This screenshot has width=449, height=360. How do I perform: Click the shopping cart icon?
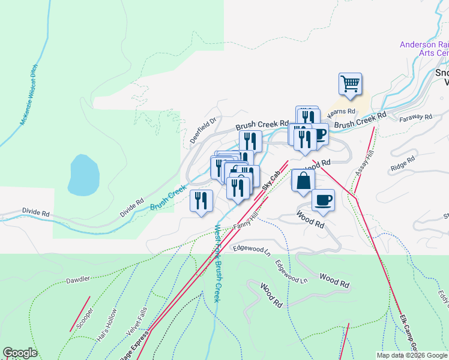tap(350, 83)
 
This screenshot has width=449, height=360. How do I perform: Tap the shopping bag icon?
tap(303, 181)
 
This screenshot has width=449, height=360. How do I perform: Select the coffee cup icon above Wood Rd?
tap(323, 200)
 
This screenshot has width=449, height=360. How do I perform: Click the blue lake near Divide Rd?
tap(83, 175)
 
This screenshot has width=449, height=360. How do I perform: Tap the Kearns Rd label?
tap(342, 112)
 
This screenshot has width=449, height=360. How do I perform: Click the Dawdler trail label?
tap(78, 279)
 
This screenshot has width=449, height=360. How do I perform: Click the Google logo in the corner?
tap(20, 353)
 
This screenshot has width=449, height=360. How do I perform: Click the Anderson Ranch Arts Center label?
tap(424, 49)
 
